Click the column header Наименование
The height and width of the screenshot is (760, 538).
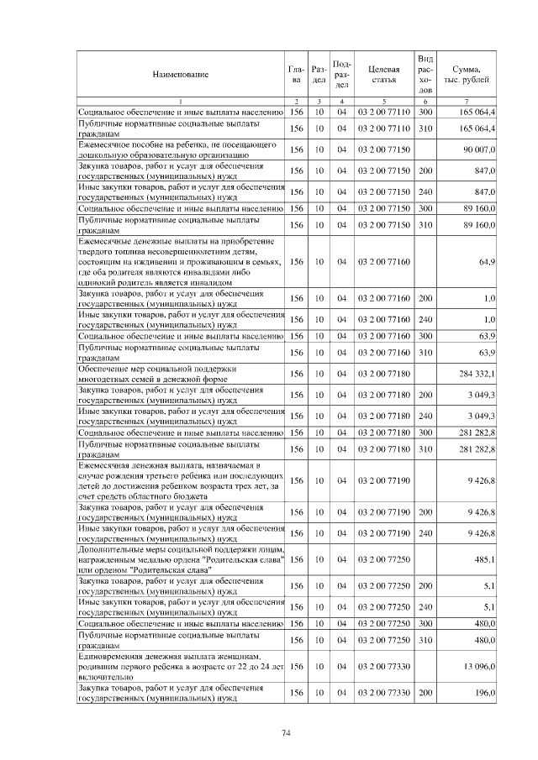(x=180, y=75)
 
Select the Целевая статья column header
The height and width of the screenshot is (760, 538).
(x=382, y=75)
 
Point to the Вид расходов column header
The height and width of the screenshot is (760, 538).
(x=425, y=74)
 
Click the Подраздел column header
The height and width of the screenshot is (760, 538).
(x=342, y=75)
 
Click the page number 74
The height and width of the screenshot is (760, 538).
(x=286, y=733)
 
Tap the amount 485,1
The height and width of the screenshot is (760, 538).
(x=484, y=558)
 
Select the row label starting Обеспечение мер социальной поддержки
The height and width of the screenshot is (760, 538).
(x=160, y=373)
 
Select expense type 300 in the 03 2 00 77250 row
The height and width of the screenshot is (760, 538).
(x=425, y=624)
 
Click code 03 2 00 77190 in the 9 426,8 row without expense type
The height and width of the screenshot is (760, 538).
(x=382, y=481)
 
